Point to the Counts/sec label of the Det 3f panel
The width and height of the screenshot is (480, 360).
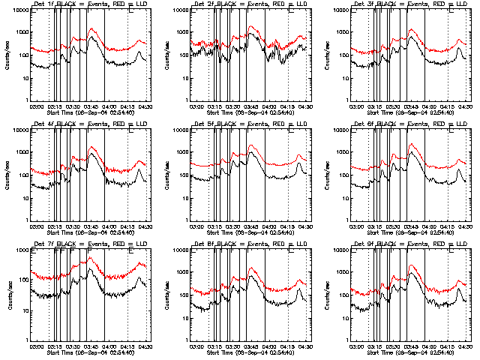pos(328,55)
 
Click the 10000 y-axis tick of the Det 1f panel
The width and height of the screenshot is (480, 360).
pos(18,10)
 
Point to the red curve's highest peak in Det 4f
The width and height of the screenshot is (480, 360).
pos(91,148)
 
